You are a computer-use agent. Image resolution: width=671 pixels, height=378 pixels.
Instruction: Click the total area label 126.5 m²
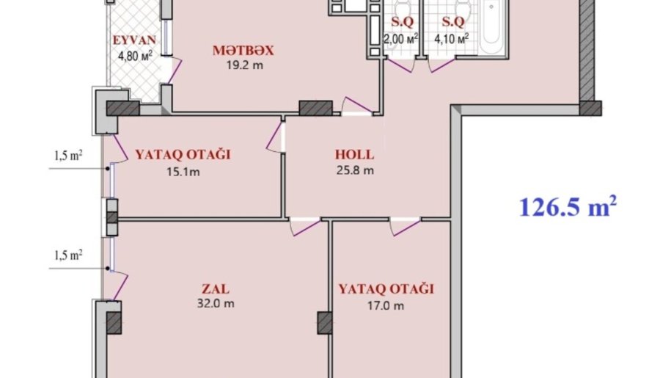(568, 207)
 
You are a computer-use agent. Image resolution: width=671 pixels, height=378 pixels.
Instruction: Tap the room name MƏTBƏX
(243, 51)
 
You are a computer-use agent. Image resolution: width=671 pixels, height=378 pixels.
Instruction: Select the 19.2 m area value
(245, 65)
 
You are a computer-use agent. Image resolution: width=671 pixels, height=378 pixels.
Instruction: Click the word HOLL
(354, 154)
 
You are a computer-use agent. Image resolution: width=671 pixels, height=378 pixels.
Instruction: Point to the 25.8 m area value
(355, 170)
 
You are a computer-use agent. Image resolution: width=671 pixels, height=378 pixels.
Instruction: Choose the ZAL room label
(216, 288)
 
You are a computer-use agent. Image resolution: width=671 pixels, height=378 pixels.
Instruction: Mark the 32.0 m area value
(216, 304)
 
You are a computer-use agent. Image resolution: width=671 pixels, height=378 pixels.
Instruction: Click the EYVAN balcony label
(134, 40)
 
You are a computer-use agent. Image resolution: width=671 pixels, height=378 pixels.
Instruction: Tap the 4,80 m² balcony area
(135, 56)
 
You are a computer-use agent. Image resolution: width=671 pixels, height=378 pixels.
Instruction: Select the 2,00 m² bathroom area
(400, 39)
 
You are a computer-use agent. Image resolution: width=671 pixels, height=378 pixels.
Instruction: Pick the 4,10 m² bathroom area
(452, 39)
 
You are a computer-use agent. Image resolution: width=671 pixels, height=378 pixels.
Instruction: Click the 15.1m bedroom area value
(183, 172)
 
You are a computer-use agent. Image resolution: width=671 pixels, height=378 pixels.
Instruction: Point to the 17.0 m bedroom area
(386, 305)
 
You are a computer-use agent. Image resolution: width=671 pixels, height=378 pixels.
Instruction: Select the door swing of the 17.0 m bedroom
(405, 227)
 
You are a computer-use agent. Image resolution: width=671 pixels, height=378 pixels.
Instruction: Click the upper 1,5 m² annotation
(68, 156)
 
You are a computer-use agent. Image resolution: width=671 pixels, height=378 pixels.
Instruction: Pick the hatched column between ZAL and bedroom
(325, 323)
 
